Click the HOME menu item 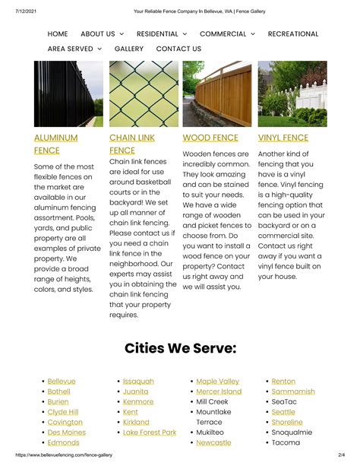[58, 34]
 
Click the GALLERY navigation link [129, 49]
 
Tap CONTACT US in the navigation [178, 49]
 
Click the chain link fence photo [144, 94]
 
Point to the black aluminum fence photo [68, 94]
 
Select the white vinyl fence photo [292, 94]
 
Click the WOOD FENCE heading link [210, 138]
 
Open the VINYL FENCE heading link [283, 138]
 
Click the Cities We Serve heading [180, 348]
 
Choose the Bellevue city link [62, 382]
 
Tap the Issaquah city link [138, 382]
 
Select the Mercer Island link [219, 392]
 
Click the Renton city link [283, 382]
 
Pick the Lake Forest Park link [150, 433]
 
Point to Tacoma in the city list [286, 442]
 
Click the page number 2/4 [341, 455]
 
